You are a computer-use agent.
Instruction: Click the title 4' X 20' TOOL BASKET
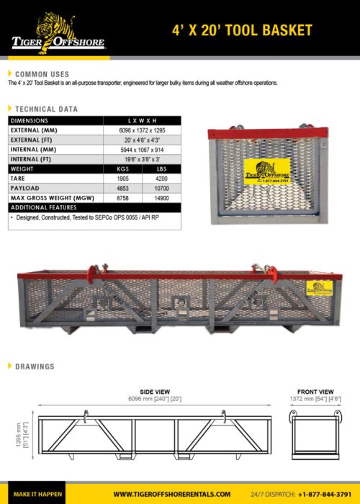242,30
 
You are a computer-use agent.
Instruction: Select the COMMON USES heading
42,74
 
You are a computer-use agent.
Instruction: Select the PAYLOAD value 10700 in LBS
161,187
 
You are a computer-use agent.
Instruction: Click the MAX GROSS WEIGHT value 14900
161,197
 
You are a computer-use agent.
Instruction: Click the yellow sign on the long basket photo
320,288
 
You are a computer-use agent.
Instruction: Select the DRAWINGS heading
35,366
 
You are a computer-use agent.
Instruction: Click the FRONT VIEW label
315,391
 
